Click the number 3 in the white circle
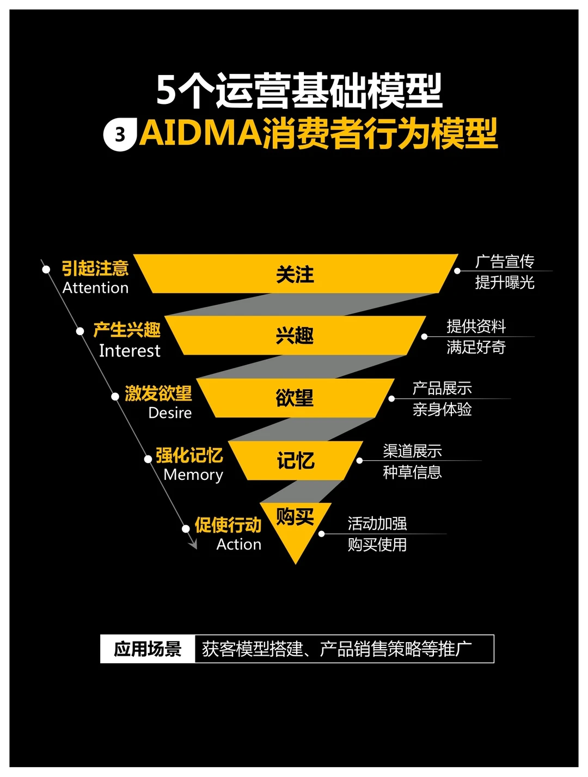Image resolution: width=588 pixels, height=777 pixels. [120, 134]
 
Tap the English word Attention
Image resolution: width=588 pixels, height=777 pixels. [95, 288]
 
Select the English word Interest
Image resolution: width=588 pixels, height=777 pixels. [130, 351]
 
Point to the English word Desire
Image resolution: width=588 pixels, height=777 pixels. [170, 413]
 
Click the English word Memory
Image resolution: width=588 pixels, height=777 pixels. [193, 475]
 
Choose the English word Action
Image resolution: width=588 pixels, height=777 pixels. [238, 545]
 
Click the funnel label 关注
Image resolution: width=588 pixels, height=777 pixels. [295, 274]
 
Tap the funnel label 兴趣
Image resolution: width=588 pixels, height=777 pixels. [295, 336]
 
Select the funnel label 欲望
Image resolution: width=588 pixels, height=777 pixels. [295, 398]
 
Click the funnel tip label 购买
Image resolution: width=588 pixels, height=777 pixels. [295, 516]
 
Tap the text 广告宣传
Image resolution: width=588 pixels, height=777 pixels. [505, 262]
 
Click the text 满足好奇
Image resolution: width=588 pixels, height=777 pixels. [476, 347]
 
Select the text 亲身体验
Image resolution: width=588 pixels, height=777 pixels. [442, 409]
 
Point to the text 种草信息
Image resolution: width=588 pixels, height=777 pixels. [412, 472]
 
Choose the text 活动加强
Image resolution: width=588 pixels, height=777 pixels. [377, 523]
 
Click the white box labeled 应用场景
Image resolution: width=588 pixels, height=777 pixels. [148, 649]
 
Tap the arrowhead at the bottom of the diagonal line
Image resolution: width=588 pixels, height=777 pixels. [193, 544]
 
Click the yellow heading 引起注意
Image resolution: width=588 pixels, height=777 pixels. [95, 268]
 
